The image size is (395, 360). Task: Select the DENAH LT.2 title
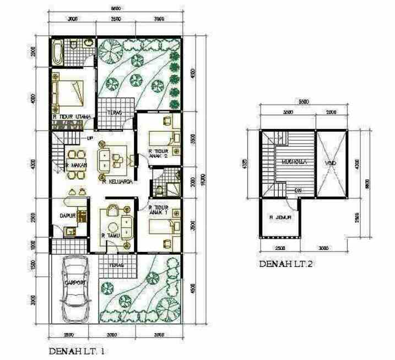pos(286,264)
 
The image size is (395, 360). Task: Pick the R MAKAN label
pos(74,165)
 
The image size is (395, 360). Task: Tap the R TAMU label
pos(111,235)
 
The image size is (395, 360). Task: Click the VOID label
pos(331,163)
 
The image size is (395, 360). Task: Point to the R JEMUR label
pos(280,217)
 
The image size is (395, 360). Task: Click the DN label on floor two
pos(297,191)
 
